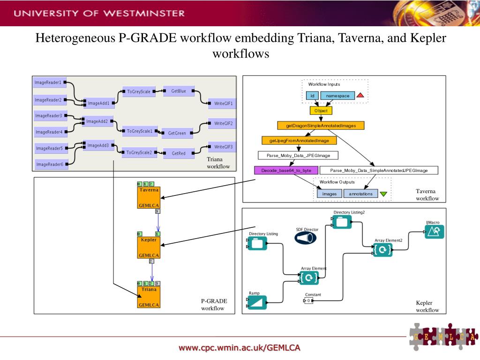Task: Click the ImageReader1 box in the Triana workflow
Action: (x=49, y=82)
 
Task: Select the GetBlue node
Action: (x=179, y=91)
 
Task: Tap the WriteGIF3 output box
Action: (x=223, y=147)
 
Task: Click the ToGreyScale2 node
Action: (x=139, y=152)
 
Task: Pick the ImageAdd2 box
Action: (x=97, y=121)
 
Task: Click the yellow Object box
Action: (x=321, y=111)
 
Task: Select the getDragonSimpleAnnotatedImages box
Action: (x=321, y=126)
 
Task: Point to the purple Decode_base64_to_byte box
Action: (x=286, y=170)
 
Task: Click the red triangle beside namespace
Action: (x=360, y=96)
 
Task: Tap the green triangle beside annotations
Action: (x=383, y=194)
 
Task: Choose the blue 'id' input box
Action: (x=312, y=96)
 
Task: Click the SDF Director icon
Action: (x=307, y=238)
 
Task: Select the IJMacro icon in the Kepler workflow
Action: (x=434, y=231)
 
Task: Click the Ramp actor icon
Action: (x=257, y=303)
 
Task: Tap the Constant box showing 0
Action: (x=309, y=300)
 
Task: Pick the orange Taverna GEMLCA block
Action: (x=148, y=197)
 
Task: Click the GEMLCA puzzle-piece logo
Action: (x=443, y=336)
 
